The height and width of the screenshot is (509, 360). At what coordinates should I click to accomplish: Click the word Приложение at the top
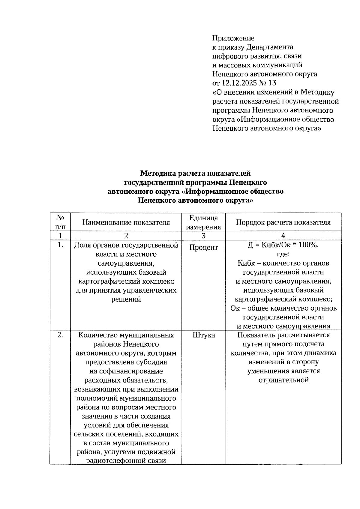tap(233, 38)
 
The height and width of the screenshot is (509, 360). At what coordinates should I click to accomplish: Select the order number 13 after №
tap(272, 83)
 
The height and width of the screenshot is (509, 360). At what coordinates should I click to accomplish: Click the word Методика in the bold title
tap(158, 173)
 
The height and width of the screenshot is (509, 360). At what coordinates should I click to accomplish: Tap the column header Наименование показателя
tap(126, 222)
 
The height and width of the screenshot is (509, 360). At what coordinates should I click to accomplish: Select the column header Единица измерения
tap(203, 222)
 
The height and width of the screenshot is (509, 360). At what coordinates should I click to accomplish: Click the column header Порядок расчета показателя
tap(283, 222)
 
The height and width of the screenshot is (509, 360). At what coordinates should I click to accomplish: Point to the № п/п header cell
tap(60, 222)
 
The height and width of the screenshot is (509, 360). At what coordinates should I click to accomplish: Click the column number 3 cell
tap(203, 236)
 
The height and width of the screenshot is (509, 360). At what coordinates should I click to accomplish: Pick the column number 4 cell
tap(283, 236)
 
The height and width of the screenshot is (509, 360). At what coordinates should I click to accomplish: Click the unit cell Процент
tap(203, 248)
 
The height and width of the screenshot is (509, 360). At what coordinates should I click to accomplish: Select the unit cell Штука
tap(203, 335)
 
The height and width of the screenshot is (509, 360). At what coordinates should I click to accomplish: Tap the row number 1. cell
tap(60, 245)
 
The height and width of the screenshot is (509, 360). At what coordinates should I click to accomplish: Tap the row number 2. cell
tap(60, 335)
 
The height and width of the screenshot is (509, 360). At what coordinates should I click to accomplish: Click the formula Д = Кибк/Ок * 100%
tap(283, 245)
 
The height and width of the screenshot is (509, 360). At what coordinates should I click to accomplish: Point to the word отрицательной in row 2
tap(283, 380)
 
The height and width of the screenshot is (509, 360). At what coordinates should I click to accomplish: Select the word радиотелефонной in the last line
tap(111, 461)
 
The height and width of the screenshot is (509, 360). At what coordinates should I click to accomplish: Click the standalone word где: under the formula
tap(283, 254)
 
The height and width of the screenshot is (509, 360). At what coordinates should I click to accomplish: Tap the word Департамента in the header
tap(270, 47)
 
